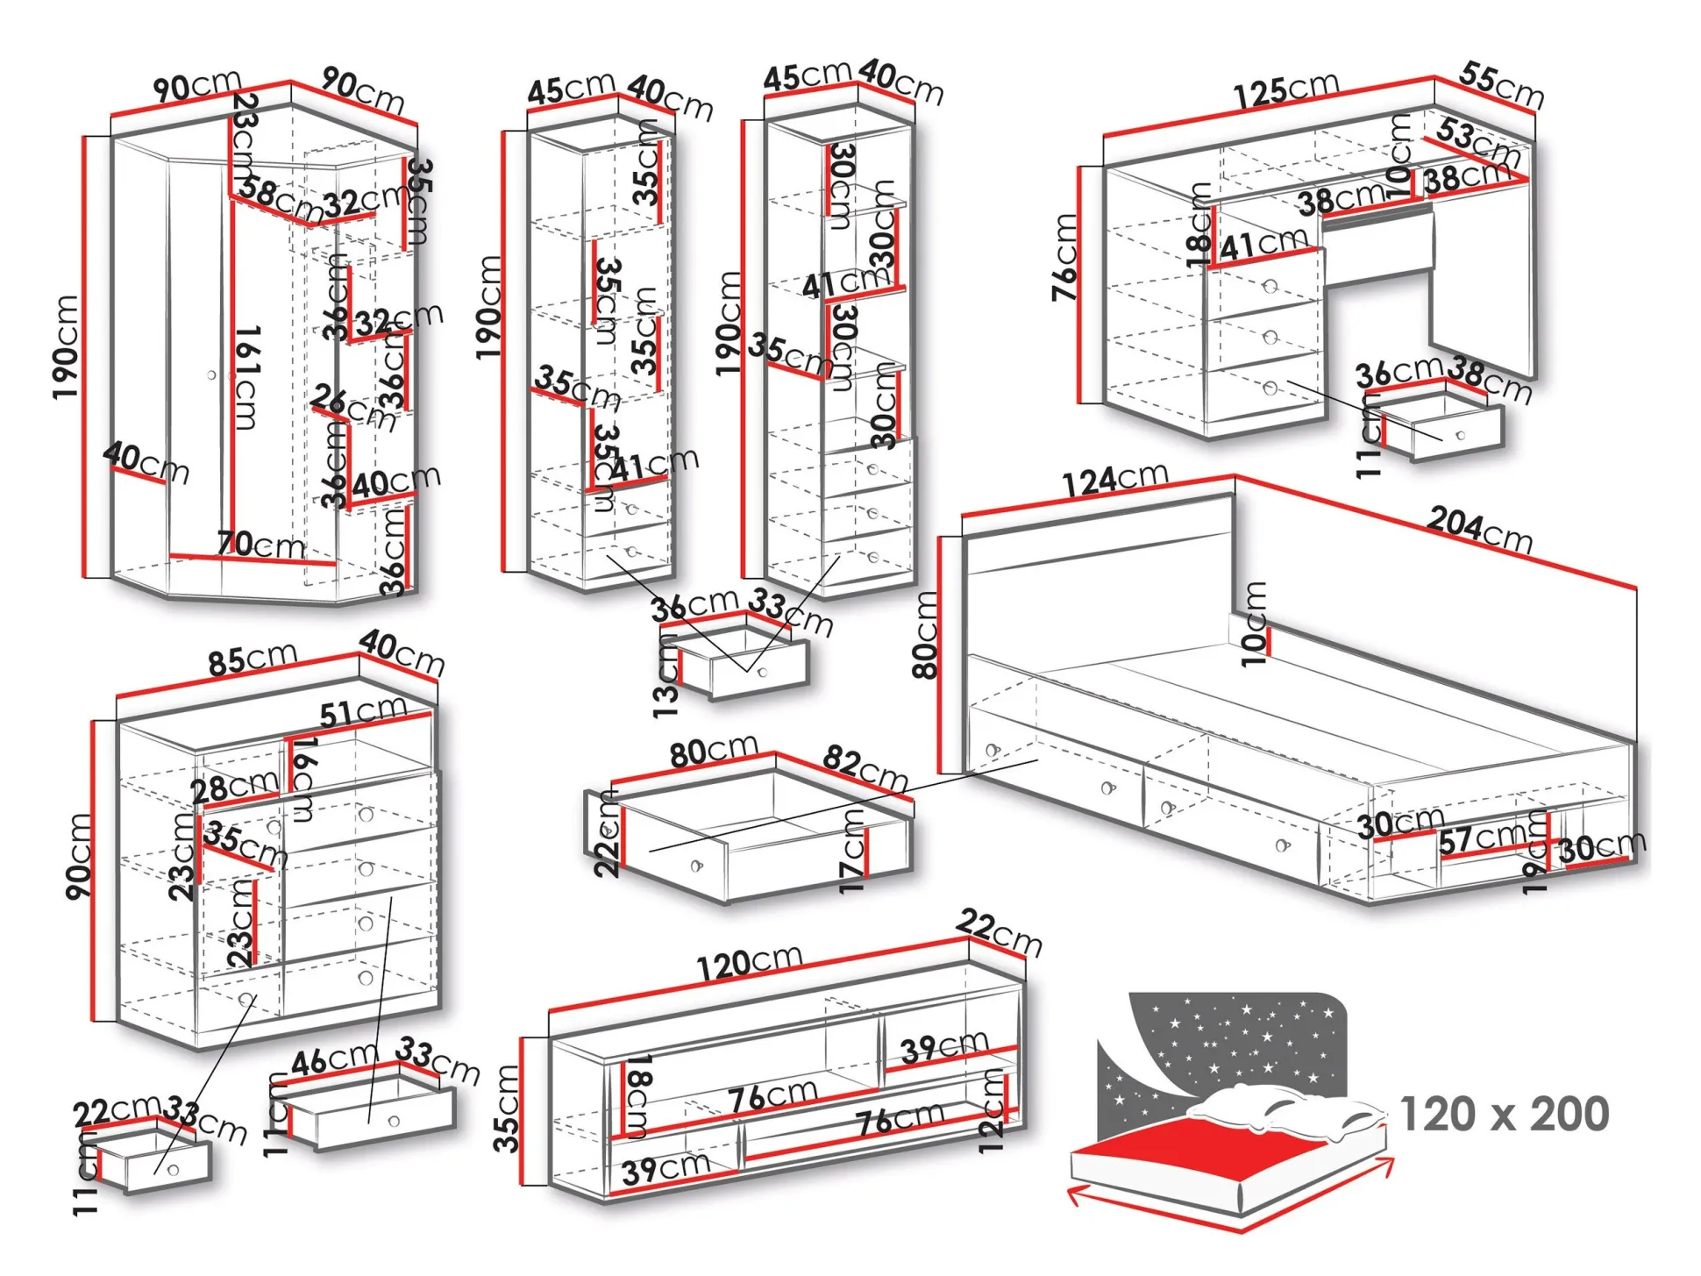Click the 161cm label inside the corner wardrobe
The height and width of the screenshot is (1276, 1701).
248,377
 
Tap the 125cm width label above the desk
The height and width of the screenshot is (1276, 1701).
1286,90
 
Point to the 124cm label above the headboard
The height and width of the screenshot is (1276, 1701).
1115,479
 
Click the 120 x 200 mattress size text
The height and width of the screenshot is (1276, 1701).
1504,1115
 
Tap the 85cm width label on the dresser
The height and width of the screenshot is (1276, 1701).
253,659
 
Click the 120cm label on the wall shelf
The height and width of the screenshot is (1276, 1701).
750,963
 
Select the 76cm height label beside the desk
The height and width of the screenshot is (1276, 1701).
1064,258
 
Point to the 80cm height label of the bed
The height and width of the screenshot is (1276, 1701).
926,635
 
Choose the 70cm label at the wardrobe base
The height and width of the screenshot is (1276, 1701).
260,545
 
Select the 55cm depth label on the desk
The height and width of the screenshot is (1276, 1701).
1501,85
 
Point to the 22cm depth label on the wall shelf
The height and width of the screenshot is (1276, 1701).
1000,933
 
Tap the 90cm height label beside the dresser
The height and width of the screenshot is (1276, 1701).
79,856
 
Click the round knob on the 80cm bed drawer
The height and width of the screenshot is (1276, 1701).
697,866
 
